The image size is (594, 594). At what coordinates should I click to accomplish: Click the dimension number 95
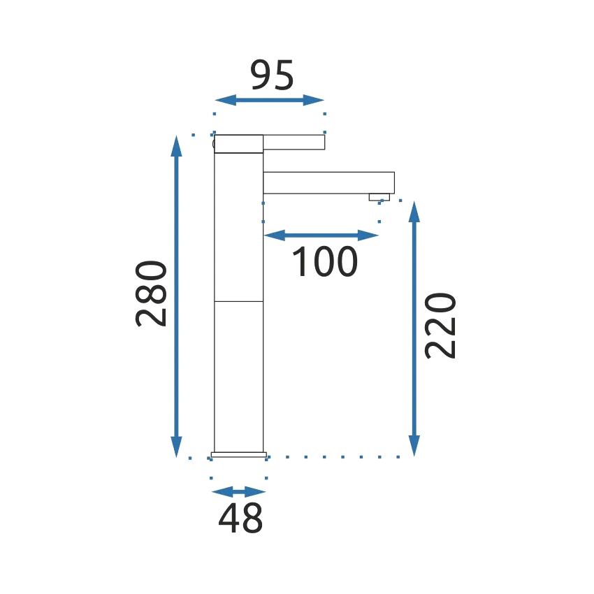tap(272, 75)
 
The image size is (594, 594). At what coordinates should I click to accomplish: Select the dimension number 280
tap(151, 294)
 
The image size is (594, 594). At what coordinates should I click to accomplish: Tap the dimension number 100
tap(325, 261)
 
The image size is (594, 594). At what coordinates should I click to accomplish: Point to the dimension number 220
tap(440, 326)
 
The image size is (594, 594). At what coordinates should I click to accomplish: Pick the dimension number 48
tap(240, 518)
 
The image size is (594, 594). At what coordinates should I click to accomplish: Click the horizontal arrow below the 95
tap(269, 101)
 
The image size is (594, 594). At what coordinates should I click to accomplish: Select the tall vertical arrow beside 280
tap(177, 296)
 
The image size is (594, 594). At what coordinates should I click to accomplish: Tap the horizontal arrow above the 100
tap(321, 236)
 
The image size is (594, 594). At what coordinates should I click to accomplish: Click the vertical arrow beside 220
tap(414, 329)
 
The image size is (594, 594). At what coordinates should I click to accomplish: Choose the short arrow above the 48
tap(239, 492)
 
